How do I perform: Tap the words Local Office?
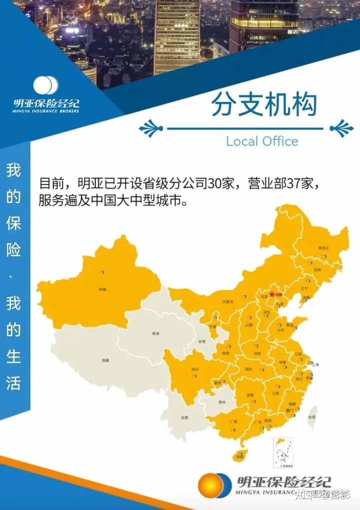(262, 141)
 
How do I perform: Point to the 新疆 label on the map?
(102, 289)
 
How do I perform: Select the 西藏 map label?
(105, 360)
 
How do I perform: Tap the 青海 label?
(156, 334)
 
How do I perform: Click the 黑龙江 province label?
(324, 248)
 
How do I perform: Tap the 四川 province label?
(195, 370)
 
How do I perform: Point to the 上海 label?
(315, 365)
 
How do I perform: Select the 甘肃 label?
(201, 342)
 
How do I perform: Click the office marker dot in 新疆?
(102, 272)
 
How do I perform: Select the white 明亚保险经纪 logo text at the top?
(46, 103)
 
